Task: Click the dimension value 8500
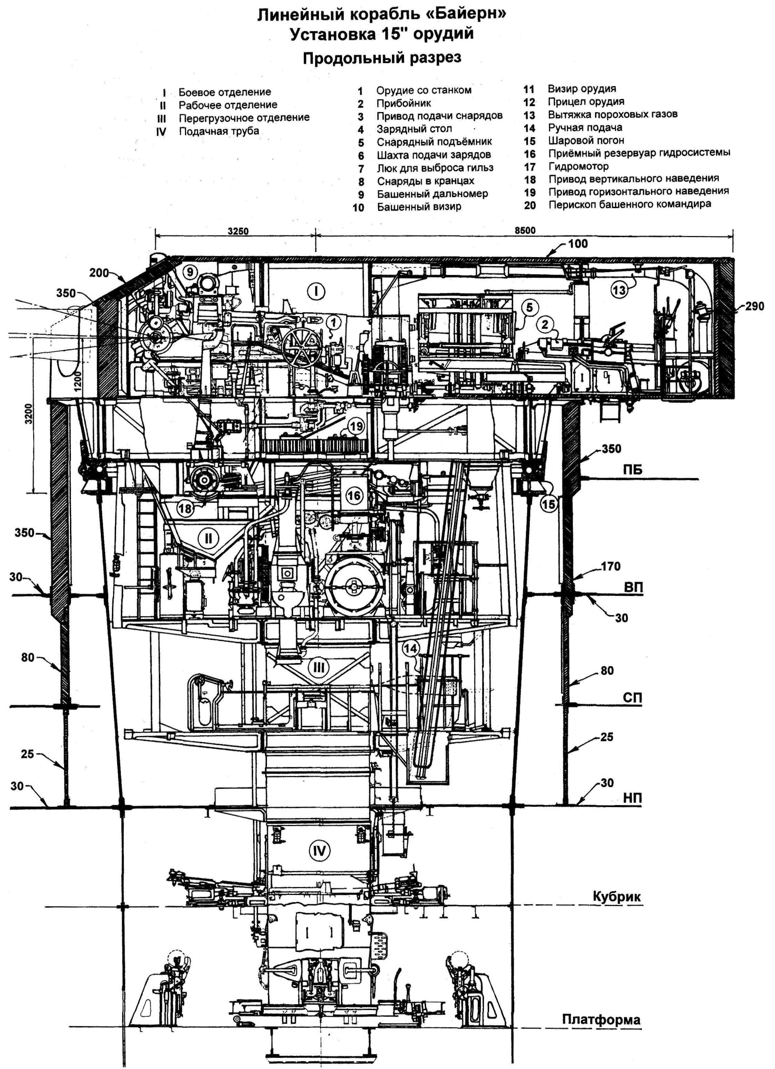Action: (525, 231)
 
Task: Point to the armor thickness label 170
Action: (611, 567)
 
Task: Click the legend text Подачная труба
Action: (219, 131)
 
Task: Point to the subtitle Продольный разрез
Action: (382, 58)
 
